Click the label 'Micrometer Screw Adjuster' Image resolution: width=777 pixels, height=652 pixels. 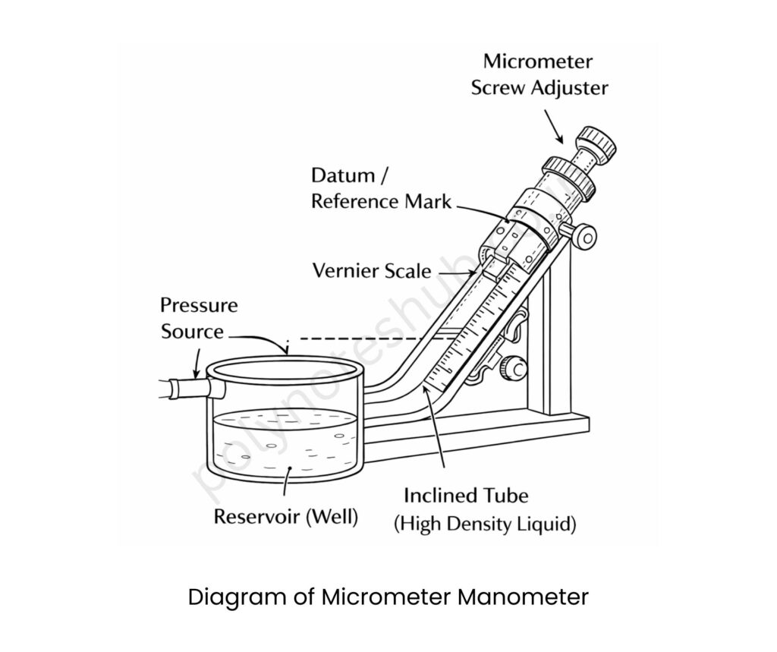coord(539,74)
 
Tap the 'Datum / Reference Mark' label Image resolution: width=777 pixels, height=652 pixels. coord(381,188)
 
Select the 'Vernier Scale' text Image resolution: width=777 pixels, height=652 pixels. coord(372,270)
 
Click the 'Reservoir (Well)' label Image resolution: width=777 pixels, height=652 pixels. coord(286,517)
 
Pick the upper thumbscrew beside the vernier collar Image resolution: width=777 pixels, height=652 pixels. coord(585,238)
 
